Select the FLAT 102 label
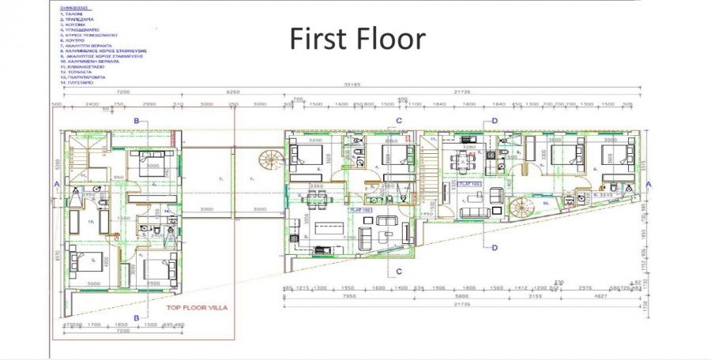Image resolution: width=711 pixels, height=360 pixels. (363, 211)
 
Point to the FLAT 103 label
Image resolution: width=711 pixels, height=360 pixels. (472, 184)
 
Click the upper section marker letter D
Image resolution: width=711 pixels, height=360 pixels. (495, 121)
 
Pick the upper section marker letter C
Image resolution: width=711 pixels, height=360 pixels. (400, 121)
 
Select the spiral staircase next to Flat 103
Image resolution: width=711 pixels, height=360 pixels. (521, 209)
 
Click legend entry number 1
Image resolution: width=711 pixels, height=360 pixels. (73, 13)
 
